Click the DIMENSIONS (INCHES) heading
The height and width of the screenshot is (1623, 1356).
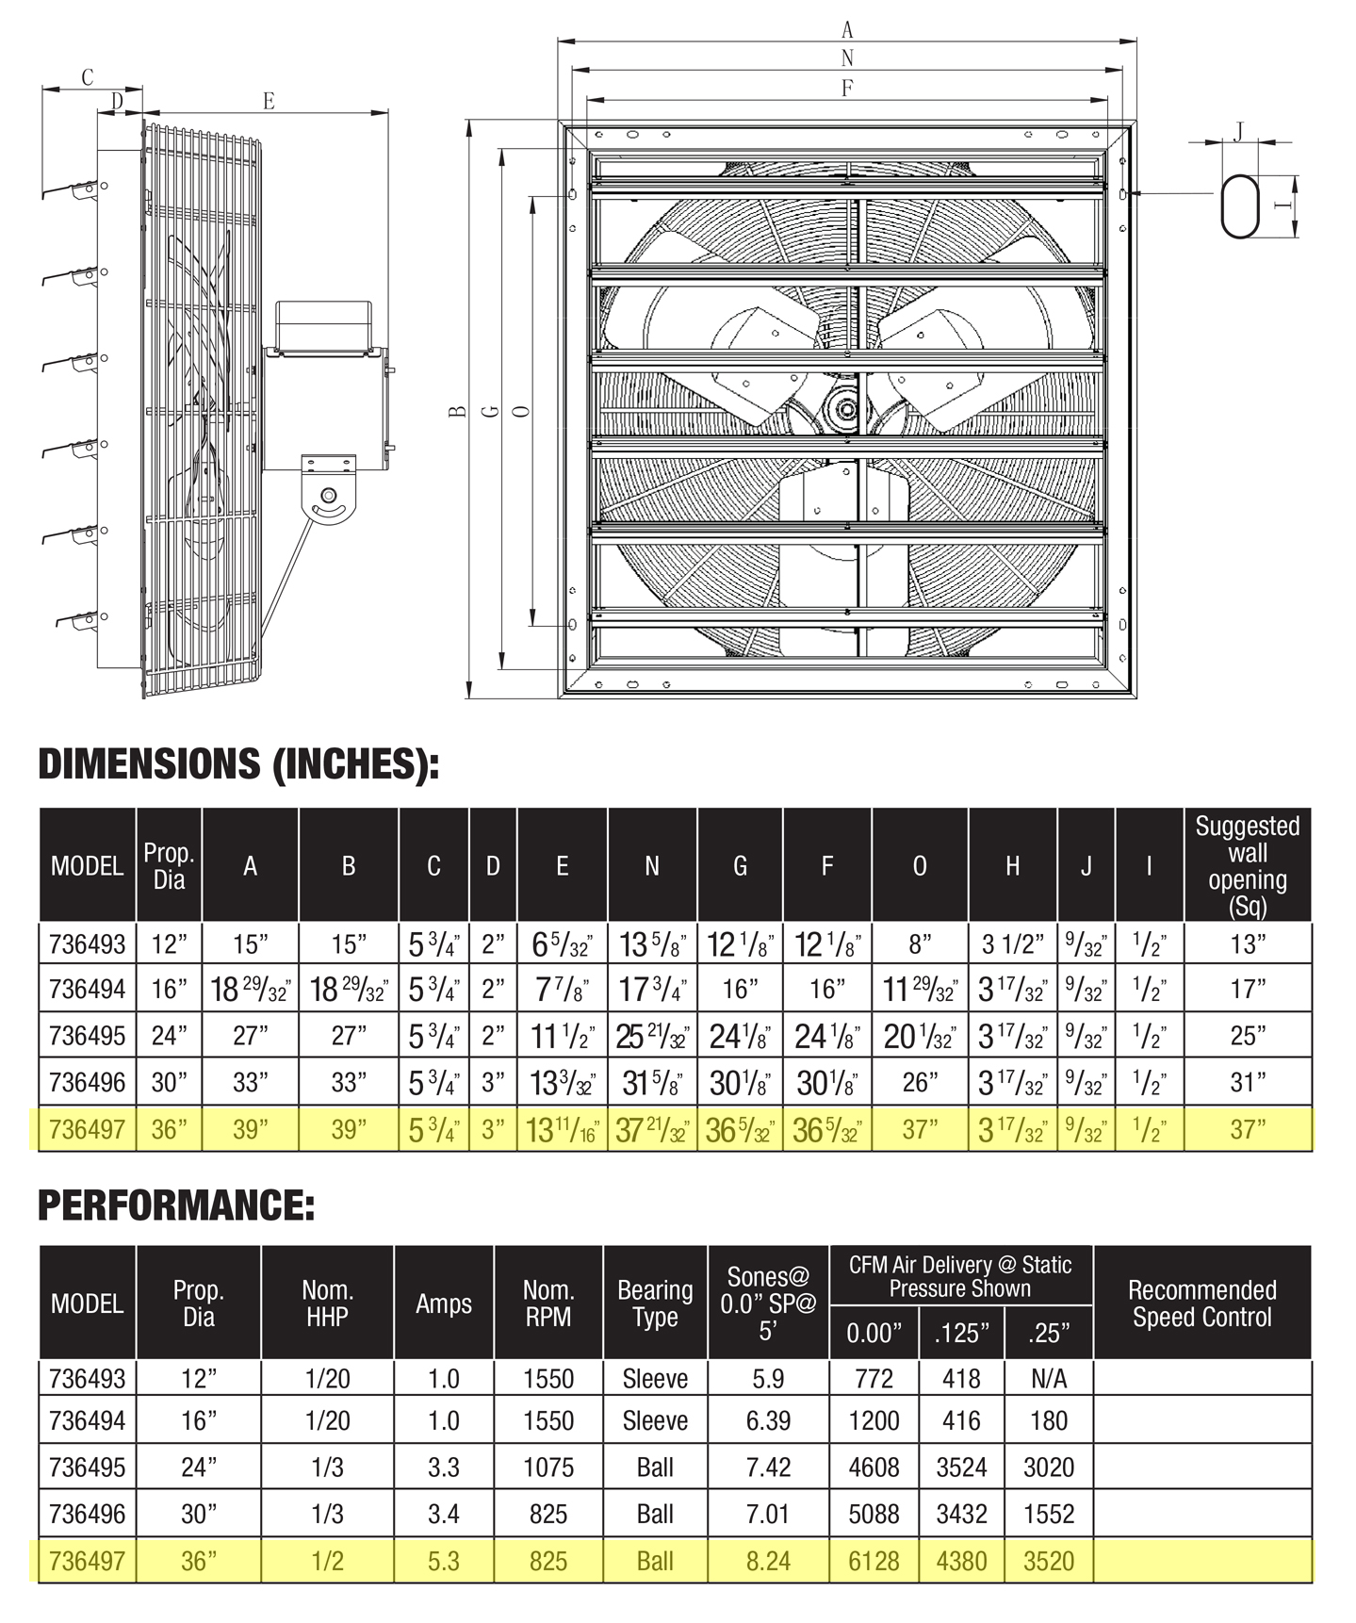coord(238,763)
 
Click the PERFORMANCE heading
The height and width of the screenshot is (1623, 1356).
coord(176,1205)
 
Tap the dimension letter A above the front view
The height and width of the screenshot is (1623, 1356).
coord(847,30)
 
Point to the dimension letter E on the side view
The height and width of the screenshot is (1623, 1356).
coord(269,100)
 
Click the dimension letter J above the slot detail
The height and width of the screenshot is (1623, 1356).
coord(1239,130)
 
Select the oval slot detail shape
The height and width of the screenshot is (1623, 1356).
coord(1239,205)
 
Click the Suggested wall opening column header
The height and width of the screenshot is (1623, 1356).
coord(1247,865)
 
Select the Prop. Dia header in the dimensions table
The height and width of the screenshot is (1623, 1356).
coord(169,865)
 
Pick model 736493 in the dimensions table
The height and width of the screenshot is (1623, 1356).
coord(87,943)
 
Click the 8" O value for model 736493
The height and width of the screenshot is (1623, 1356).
coord(920,943)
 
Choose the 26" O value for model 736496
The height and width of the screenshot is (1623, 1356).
coord(920,1082)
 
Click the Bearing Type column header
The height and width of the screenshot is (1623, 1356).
coord(655,1303)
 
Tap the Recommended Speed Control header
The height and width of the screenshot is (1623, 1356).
coord(1201,1303)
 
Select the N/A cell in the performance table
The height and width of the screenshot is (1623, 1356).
coord(1049,1379)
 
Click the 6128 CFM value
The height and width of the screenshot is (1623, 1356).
coord(874,1561)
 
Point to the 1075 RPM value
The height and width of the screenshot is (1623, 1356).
coord(548,1467)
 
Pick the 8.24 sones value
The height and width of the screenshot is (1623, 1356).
coord(768,1561)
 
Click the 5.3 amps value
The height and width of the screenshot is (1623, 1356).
coord(443,1561)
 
